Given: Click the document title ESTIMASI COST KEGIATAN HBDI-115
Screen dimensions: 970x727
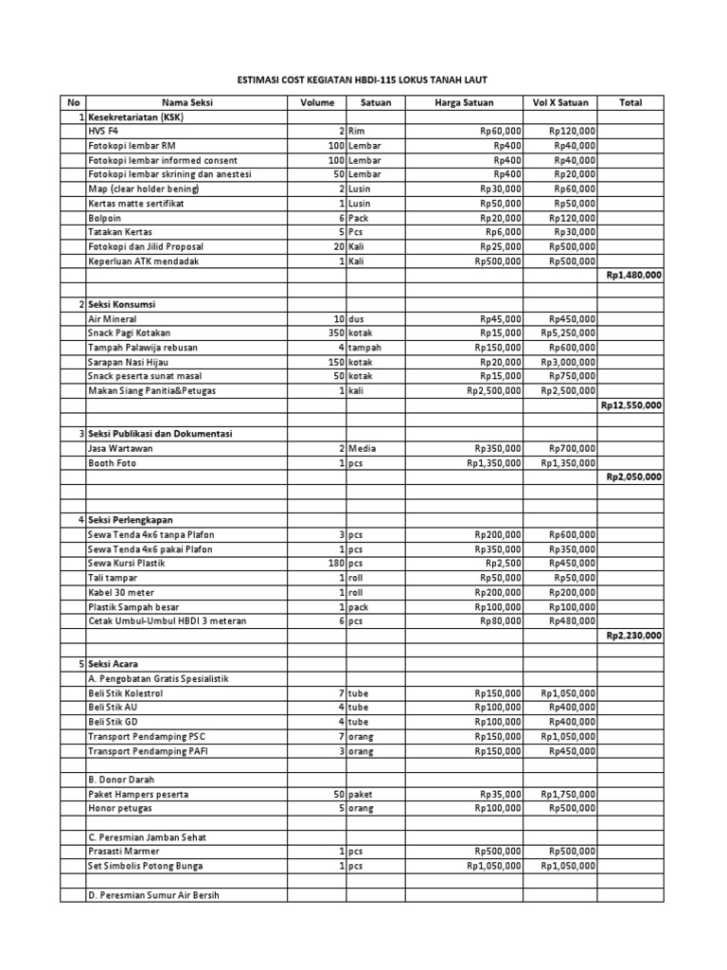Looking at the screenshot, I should pos(362,81).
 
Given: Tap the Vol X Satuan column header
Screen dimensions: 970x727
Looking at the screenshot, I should pos(560,102).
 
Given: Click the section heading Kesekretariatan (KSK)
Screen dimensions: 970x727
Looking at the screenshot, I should pos(135,117).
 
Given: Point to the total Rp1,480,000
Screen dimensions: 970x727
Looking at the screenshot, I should pos(633,275).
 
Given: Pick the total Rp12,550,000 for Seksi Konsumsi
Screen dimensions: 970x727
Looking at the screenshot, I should pos(631,404).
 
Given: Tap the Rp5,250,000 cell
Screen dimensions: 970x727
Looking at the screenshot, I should pos(568,333).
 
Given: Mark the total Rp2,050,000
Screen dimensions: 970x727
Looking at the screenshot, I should pos(633,476).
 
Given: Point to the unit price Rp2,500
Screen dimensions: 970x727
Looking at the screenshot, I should pos(505,564).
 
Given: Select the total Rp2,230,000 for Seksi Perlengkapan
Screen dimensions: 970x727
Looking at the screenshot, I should pos(633,636).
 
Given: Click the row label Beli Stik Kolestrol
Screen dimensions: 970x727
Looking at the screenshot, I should pos(125,693).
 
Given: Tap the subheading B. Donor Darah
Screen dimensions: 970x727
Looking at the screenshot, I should pos(121,780).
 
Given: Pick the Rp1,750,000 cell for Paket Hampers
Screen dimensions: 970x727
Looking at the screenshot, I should pos(568,794).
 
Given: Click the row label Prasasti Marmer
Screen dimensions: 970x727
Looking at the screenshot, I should pos(122,852).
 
